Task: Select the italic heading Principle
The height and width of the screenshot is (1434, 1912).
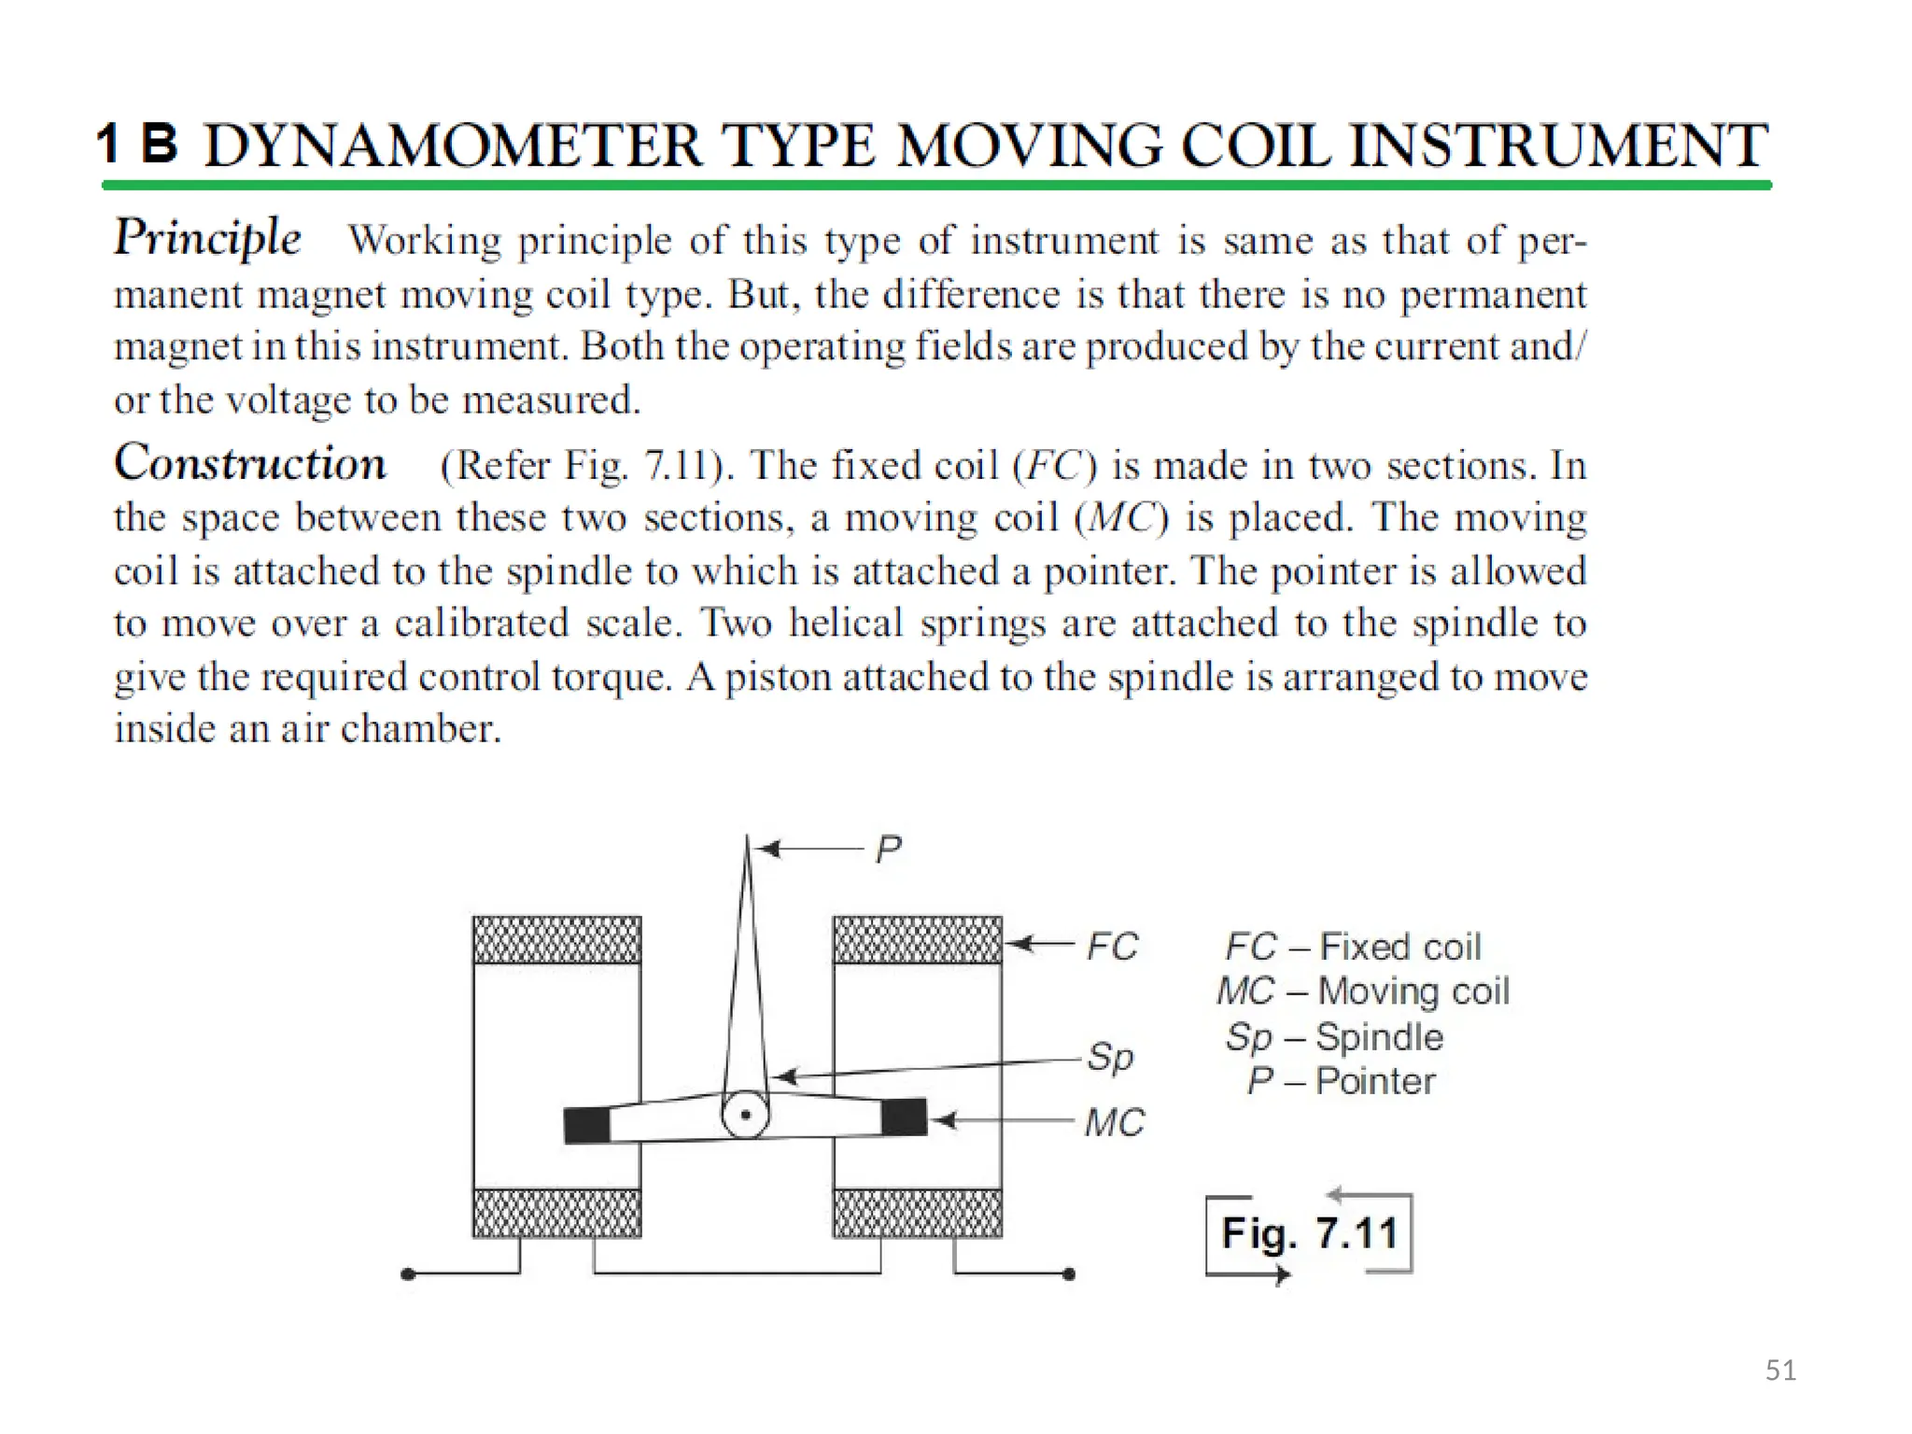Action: click(x=207, y=237)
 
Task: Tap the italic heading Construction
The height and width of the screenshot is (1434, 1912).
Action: click(x=249, y=463)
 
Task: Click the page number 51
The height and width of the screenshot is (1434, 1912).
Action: click(x=1780, y=1371)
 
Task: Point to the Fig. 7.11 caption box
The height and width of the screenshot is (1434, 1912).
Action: click(x=1309, y=1233)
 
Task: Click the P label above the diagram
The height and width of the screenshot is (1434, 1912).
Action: click(x=888, y=850)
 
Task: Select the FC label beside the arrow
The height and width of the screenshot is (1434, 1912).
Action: click(x=1112, y=947)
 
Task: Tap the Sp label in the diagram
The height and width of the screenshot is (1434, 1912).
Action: click(x=1110, y=1058)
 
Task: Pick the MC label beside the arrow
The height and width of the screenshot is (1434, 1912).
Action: click(x=1114, y=1122)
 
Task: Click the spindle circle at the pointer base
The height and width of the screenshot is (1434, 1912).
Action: click(x=745, y=1115)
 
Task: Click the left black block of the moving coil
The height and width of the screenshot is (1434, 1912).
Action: click(x=587, y=1125)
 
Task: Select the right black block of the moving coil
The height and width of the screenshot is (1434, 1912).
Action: click(x=904, y=1117)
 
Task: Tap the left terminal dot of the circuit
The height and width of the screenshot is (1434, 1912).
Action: click(x=407, y=1274)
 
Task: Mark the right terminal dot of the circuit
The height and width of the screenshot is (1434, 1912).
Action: click(x=1069, y=1274)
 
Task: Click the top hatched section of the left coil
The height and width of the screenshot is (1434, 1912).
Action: click(x=556, y=939)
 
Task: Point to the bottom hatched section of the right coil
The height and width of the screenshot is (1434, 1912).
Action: click(x=917, y=1213)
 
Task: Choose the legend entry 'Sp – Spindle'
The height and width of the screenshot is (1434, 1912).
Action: click(x=1334, y=1037)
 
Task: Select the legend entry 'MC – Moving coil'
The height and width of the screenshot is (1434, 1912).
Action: click(x=1362, y=991)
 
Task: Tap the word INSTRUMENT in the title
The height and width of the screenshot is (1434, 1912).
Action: click(x=1558, y=147)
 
